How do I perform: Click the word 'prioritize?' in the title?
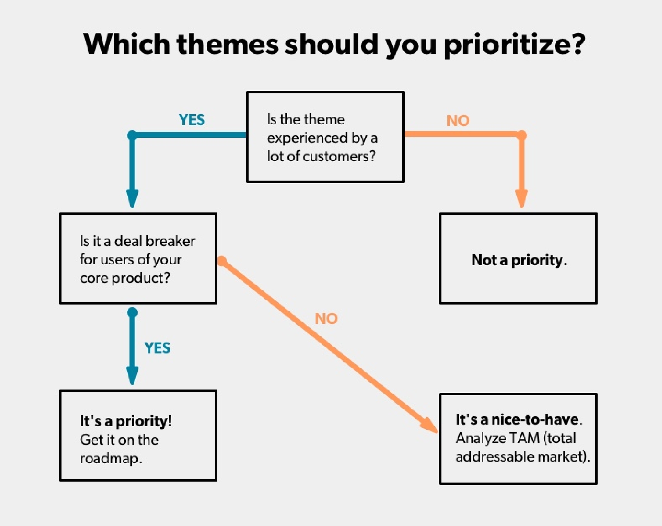coord(515,45)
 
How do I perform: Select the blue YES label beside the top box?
coord(192,120)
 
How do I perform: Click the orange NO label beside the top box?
coord(458,121)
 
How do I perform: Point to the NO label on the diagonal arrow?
coord(326,319)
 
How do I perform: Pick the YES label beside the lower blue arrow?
coord(157,348)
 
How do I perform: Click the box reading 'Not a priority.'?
coord(518,258)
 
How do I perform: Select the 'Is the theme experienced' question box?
coord(325,137)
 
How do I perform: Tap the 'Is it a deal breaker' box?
coord(138,258)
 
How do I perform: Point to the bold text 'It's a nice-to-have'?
coord(517,419)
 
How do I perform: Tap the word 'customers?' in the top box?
coord(339,156)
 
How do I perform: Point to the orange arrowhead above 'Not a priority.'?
coord(522,198)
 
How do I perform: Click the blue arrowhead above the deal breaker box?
coord(132,198)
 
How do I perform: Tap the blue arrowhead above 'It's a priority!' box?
coord(132,375)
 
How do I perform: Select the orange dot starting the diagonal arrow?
coord(222,261)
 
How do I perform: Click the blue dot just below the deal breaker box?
coord(132,312)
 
